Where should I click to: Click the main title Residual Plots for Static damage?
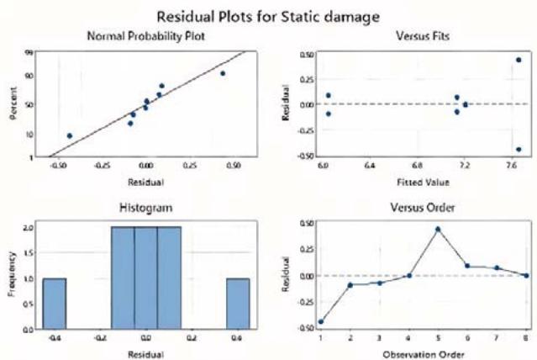pos(268,14)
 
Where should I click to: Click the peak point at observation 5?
pos(437,229)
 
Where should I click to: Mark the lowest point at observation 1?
pos(320,321)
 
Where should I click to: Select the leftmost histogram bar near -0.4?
pos(55,304)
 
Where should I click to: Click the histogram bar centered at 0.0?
pos(146,278)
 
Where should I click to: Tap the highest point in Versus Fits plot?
pos(519,60)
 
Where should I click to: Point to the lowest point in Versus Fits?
pos(519,150)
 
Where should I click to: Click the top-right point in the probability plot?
pos(223,73)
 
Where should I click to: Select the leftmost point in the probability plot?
pos(70,135)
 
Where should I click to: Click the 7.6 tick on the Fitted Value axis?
pos(512,167)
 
